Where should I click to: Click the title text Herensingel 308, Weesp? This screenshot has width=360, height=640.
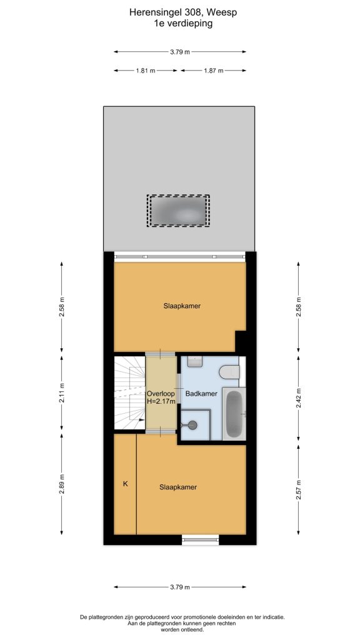183,12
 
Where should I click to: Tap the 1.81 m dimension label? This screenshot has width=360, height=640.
146,71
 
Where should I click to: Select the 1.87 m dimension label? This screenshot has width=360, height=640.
214,71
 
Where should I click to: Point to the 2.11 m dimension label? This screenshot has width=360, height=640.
62,394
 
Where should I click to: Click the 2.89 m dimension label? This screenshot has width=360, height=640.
62,484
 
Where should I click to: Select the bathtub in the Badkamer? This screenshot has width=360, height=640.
234,414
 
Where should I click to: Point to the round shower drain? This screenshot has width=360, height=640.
192,425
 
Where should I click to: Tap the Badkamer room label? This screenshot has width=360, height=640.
201,394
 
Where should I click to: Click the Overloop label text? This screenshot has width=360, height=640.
161,394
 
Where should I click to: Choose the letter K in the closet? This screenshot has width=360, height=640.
126,484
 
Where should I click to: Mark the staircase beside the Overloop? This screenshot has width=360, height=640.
129,392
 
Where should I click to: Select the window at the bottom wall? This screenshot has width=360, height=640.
201,540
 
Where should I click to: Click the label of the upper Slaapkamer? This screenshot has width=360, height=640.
182,306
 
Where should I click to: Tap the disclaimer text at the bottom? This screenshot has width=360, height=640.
182,624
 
